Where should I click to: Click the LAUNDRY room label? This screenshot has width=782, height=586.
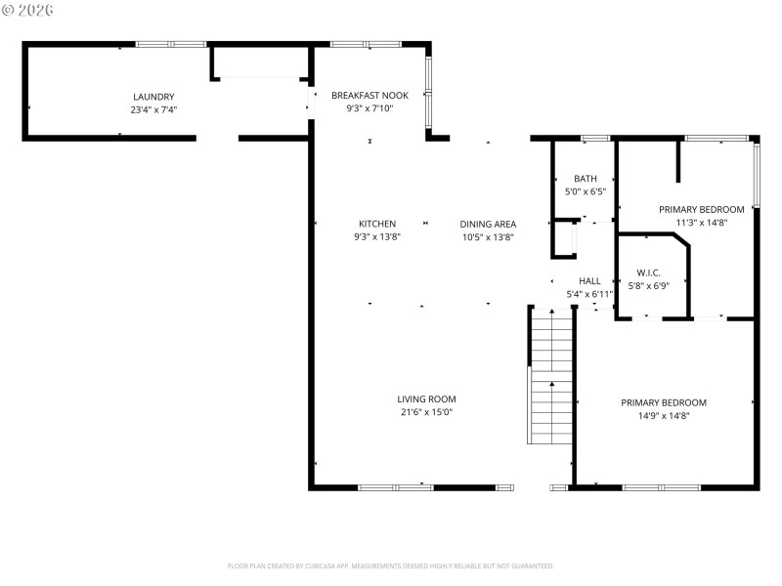click(x=153, y=97)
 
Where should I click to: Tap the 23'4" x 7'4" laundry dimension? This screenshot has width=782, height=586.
click(x=153, y=109)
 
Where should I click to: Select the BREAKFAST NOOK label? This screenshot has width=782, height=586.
click(x=369, y=95)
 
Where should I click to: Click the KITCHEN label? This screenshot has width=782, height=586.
click(x=377, y=224)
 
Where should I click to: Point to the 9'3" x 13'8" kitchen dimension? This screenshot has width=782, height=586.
click(x=377, y=236)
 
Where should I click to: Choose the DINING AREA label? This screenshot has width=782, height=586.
click(x=488, y=224)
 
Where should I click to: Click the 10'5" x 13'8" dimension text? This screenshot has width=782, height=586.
click(x=488, y=236)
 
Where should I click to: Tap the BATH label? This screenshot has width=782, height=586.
click(x=586, y=179)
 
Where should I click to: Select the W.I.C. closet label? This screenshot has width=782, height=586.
click(x=648, y=272)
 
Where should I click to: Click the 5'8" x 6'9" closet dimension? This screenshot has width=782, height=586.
click(x=648, y=286)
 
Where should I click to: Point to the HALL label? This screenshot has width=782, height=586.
click(x=589, y=280)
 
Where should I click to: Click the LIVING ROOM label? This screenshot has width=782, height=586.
click(x=426, y=398)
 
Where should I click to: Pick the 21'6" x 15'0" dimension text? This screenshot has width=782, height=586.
click(x=426, y=412)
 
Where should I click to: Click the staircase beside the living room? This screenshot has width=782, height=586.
click(x=550, y=376)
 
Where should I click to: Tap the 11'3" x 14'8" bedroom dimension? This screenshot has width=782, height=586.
click(x=701, y=223)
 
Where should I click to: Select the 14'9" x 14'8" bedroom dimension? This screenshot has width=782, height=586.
click(x=664, y=416)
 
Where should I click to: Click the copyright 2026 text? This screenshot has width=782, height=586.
click(x=28, y=9)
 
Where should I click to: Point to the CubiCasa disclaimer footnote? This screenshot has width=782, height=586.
click(x=391, y=565)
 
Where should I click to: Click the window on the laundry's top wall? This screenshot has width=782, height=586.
click(x=170, y=44)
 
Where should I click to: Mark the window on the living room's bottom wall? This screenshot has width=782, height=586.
click(x=395, y=486)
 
